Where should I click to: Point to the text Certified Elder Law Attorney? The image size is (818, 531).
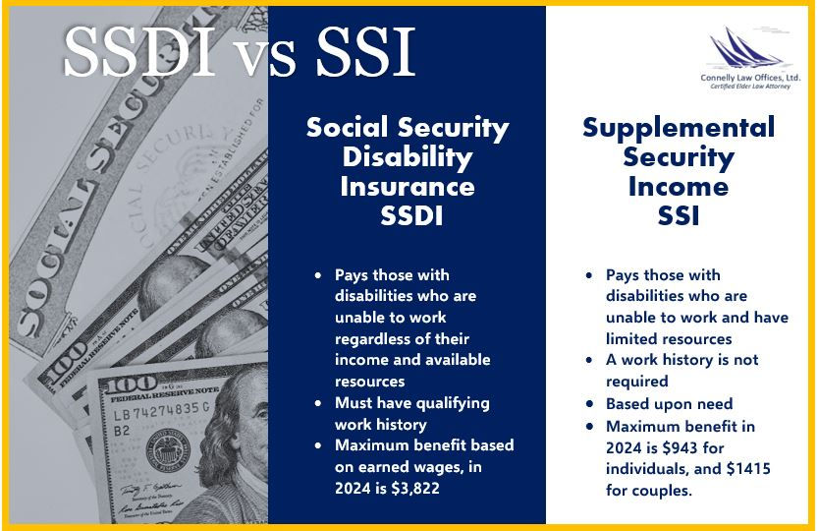[751, 87]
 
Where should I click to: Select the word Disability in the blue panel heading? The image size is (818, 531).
[408, 156]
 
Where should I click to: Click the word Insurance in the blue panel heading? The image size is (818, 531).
[408, 186]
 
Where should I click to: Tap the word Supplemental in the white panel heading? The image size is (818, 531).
[679, 128]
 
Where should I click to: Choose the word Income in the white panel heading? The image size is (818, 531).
[679, 187]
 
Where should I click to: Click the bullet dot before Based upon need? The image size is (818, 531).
[588, 403]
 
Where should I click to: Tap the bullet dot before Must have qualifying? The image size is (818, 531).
[317, 403]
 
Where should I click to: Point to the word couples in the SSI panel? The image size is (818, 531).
[663, 490]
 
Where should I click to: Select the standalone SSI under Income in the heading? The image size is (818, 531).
[679, 216]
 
